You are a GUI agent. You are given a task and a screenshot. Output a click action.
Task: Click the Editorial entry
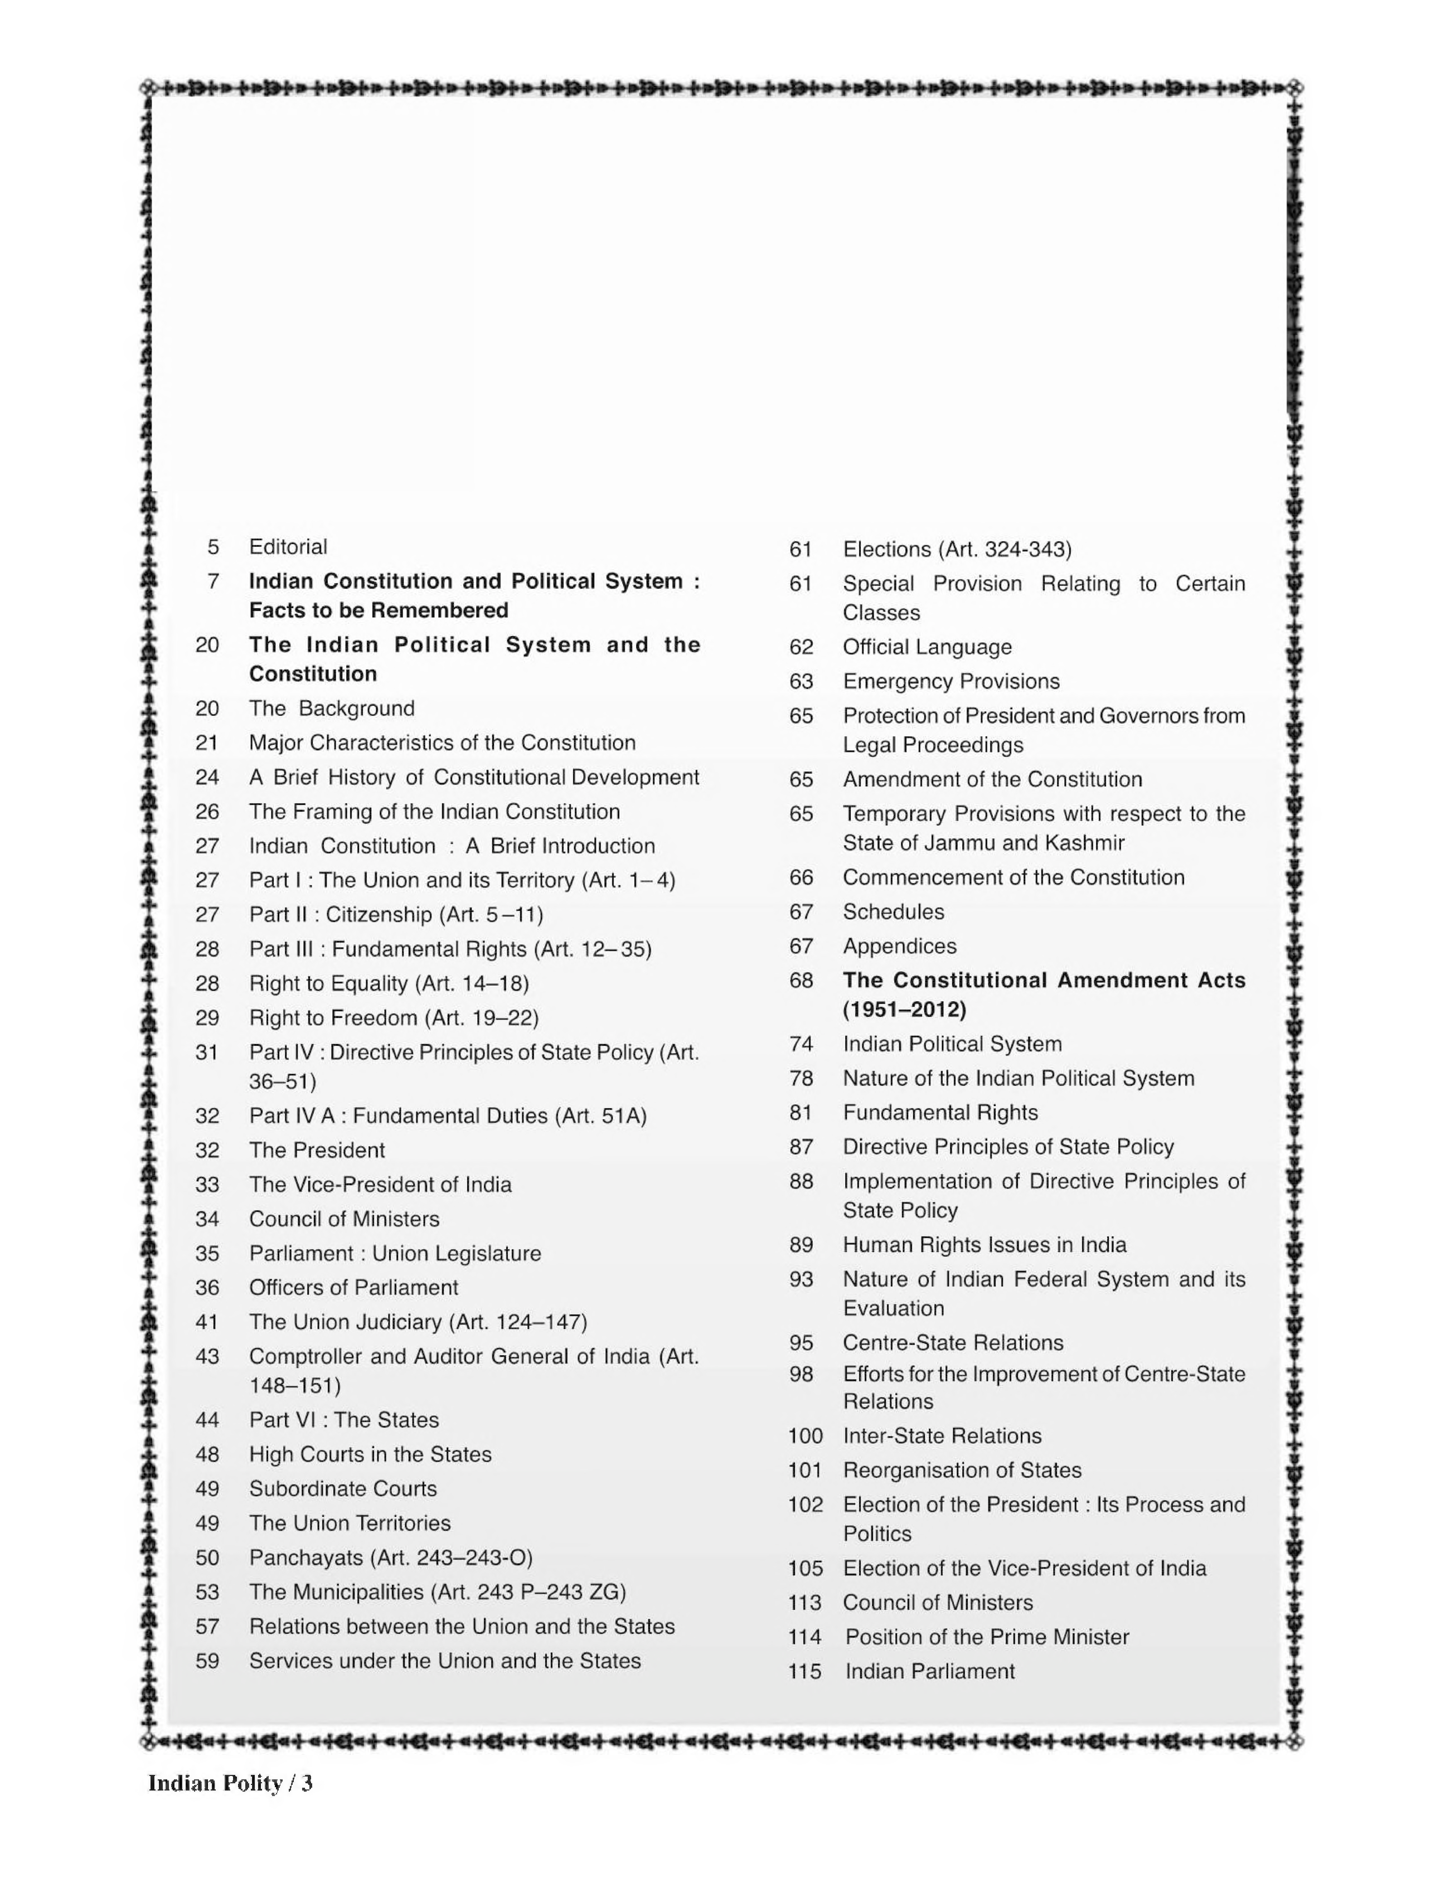point(288,547)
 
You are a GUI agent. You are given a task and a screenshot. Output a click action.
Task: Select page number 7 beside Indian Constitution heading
point(214,581)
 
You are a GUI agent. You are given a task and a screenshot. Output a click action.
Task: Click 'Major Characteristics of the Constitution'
point(442,743)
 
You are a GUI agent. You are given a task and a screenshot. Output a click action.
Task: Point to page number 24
point(207,777)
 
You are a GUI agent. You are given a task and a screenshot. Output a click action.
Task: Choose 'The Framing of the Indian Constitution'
point(434,812)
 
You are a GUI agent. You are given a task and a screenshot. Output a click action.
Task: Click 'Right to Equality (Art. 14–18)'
point(389,984)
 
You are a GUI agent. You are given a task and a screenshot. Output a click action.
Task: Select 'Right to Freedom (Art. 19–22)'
point(394,1018)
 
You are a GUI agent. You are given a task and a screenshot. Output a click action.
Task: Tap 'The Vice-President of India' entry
point(380,1185)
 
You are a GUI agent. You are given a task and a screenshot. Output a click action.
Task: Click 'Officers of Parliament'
point(353,1288)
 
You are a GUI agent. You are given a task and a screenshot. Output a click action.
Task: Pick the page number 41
point(207,1322)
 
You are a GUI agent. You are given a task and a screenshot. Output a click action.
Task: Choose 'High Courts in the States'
point(370,1455)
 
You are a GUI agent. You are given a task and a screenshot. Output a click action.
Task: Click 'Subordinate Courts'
point(342,1489)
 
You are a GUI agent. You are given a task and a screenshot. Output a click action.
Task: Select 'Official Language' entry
point(927,647)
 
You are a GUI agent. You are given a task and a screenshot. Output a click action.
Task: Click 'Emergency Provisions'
point(951,682)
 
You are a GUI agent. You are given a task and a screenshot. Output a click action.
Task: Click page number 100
point(805,1436)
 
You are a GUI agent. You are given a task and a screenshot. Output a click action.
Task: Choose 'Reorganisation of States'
point(962,1471)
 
